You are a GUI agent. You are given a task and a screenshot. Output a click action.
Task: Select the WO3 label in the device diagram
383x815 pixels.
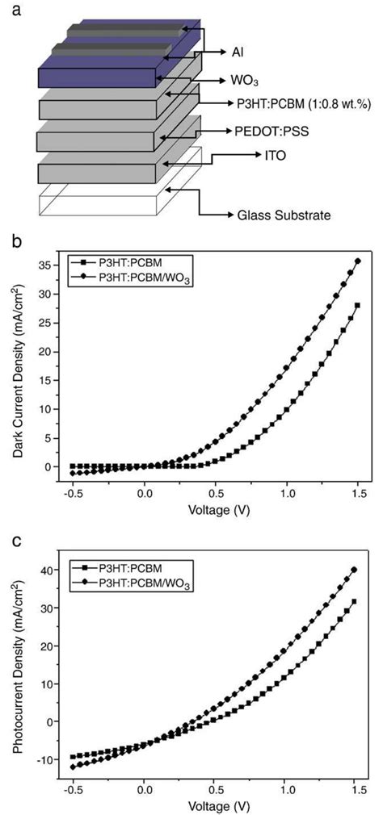coord(242,81)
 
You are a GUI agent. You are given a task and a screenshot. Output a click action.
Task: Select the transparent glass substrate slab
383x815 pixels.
coord(97,199)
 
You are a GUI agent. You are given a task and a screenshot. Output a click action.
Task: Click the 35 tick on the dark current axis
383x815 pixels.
coord(53,264)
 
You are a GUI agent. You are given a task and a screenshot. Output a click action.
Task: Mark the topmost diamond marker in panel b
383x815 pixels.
coord(357,261)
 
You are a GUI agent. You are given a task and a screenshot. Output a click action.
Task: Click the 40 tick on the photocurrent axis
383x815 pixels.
coord(53,570)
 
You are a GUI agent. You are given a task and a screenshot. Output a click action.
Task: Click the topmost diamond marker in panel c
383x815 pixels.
coord(354,570)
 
